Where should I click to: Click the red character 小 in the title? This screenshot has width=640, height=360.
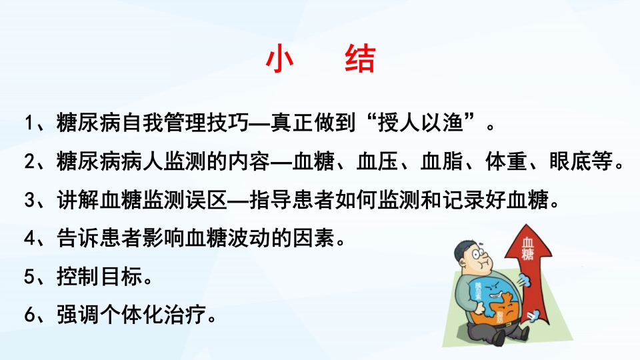[280, 59]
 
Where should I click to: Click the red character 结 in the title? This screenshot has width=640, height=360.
[360, 59]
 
